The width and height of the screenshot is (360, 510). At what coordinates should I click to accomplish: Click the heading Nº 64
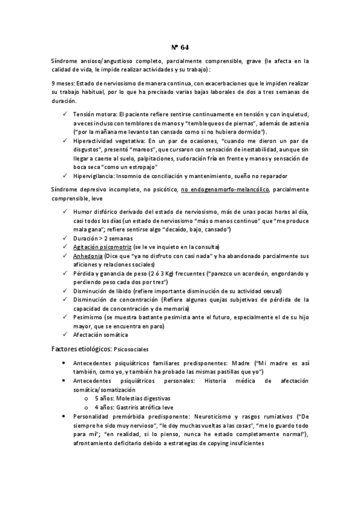pyautogui.click(x=180, y=46)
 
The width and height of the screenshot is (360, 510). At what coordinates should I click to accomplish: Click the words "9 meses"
pyautogui.click(x=63, y=82)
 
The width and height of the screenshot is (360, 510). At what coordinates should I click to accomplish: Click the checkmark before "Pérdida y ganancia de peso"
pyautogui.click(x=66, y=273)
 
